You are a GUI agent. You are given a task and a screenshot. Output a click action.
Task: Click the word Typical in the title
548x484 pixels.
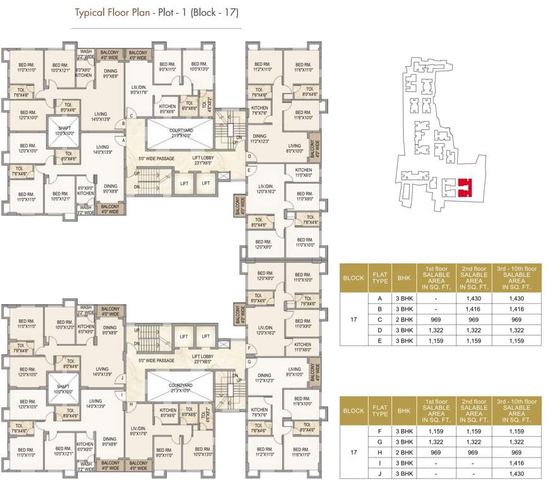click(x=90, y=12)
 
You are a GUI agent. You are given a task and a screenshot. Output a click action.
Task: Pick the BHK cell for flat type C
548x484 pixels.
click(x=403, y=320)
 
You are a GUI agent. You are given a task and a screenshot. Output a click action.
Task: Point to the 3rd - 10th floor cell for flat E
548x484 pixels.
click(x=516, y=341)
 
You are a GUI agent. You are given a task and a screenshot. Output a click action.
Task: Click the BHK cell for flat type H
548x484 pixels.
click(x=403, y=452)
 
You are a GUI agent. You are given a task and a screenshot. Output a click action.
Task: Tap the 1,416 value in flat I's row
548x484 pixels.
click(x=516, y=463)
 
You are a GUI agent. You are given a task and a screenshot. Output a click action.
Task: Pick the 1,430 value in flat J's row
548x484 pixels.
click(x=516, y=473)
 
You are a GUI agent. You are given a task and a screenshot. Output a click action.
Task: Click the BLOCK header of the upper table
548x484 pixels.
click(x=354, y=277)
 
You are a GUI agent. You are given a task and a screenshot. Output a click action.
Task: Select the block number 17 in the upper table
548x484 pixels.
click(x=354, y=320)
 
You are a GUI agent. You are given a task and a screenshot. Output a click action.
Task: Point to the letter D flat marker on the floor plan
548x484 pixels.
click(x=249, y=156)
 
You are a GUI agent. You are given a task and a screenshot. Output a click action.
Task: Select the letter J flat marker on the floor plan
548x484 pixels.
click(x=122, y=378)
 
